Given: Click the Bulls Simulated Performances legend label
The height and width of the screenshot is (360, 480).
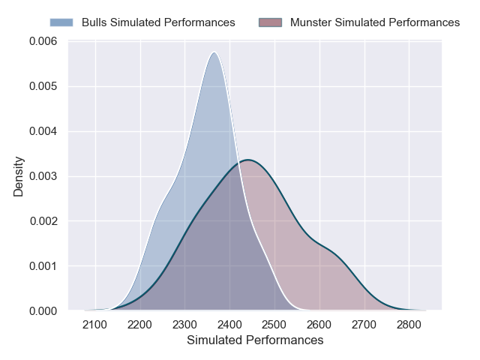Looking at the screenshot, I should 158,22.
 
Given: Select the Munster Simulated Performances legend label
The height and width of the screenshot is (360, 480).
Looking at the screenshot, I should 375,22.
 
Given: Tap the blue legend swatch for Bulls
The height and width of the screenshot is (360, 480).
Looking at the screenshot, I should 61,22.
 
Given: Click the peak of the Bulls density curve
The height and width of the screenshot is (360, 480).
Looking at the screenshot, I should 214,52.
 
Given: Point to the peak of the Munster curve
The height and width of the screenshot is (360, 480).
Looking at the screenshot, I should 247,160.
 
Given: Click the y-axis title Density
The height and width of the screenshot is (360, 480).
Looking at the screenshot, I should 19,176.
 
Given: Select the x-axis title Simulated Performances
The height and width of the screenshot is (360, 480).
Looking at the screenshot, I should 254,340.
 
